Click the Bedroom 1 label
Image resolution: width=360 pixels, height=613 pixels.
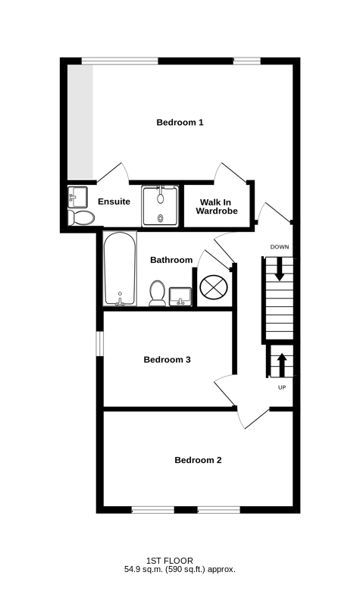(180, 122)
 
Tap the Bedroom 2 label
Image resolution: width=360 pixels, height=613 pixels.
(198, 460)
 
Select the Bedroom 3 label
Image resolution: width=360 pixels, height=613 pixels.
(167, 360)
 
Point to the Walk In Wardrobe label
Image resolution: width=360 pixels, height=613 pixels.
(217, 207)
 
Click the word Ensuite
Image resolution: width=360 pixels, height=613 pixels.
(114, 202)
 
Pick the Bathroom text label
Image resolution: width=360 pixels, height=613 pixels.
(171, 260)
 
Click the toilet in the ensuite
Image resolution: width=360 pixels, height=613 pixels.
(81, 217)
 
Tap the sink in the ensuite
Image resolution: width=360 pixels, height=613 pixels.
(77, 197)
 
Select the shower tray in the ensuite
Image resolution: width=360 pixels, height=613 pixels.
(160, 206)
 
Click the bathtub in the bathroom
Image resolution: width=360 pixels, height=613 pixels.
(120, 269)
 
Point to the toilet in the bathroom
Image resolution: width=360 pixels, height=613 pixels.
(157, 293)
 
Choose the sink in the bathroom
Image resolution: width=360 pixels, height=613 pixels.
(180, 297)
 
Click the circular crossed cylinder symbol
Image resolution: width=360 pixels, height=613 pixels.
(214, 287)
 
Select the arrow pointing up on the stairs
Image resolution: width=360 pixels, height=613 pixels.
(282, 365)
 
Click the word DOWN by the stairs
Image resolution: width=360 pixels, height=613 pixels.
(280, 247)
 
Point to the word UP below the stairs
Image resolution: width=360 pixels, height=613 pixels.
(282, 388)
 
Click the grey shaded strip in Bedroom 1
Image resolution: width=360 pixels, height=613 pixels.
(80, 122)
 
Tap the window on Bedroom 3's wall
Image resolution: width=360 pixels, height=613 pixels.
(100, 344)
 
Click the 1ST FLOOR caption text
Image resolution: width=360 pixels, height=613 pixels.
(170, 561)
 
